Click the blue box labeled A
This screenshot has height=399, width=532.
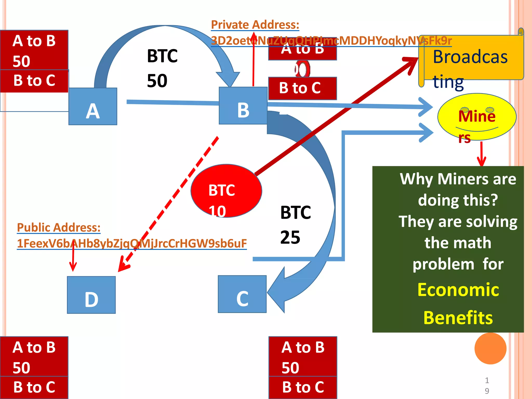(x=93, y=107)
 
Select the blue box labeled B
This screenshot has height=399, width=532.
(x=243, y=106)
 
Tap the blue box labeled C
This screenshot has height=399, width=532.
(x=242, y=294)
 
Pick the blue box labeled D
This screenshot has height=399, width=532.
(x=91, y=295)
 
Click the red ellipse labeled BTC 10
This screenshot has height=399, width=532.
(x=226, y=191)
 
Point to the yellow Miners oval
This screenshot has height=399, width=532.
(x=477, y=117)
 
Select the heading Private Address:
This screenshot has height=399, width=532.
(x=255, y=25)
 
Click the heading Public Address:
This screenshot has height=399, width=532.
(x=59, y=228)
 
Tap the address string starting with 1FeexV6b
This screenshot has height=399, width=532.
(x=132, y=243)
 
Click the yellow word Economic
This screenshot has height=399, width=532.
(x=458, y=290)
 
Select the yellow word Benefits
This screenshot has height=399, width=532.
(x=458, y=318)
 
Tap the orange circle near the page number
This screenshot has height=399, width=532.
(x=490, y=348)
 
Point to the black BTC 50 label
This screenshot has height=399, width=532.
(x=162, y=68)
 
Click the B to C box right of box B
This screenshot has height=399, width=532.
(x=302, y=88)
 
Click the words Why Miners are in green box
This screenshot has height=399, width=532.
(x=458, y=179)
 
